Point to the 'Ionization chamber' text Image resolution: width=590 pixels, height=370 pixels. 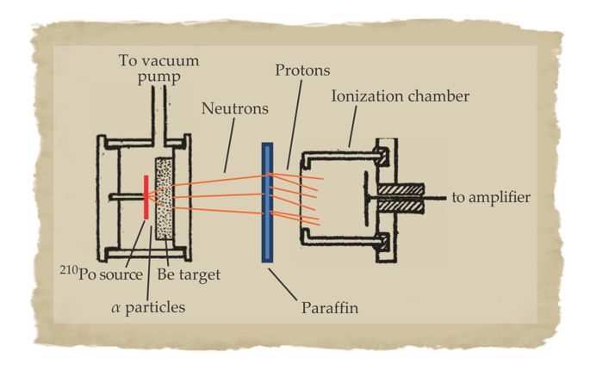click(x=400, y=96)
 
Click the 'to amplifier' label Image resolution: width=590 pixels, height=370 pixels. click(x=491, y=198)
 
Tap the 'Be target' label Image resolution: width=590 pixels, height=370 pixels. click(x=189, y=274)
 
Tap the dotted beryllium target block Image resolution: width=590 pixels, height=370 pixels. click(x=163, y=198)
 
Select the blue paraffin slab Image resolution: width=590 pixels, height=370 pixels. click(x=267, y=202)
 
